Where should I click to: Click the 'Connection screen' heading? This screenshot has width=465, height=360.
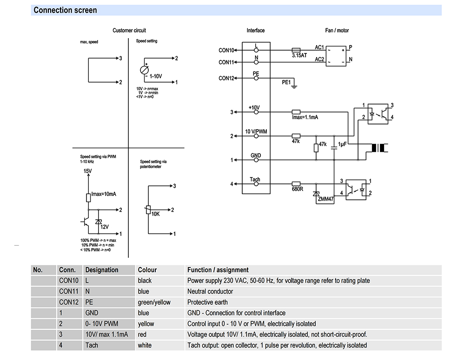[x=65, y=10]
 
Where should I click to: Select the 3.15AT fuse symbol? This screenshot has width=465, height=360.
[x=296, y=50]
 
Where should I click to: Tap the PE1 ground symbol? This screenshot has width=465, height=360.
[x=294, y=86]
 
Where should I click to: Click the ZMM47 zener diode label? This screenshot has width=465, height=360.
[x=325, y=199]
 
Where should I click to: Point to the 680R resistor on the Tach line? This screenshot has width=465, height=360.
[x=296, y=183]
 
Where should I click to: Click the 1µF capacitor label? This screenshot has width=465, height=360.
[x=342, y=144]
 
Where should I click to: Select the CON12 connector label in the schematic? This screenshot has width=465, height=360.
[x=226, y=78]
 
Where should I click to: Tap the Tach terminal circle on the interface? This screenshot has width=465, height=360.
[x=256, y=184]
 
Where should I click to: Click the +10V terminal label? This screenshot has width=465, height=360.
[x=254, y=108]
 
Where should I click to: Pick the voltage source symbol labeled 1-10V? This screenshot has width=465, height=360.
[x=145, y=70]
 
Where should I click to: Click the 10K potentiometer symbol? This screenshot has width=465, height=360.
[x=148, y=210]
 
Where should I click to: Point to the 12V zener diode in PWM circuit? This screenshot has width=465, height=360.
[x=99, y=222]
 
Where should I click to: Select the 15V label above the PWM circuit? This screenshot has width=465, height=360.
[x=87, y=171]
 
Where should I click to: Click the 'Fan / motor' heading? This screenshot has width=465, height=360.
[x=337, y=30]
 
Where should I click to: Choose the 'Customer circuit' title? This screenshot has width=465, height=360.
[x=129, y=30]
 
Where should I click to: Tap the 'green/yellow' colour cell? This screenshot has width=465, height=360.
[x=154, y=302]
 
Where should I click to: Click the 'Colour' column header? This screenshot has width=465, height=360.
[x=147, y=270]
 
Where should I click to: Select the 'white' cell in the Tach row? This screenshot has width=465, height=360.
[x=145, y=345]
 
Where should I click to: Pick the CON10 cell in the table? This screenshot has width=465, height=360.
[x=69, y=281]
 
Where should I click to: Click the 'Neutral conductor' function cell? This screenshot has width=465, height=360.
[x=210, y=292]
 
